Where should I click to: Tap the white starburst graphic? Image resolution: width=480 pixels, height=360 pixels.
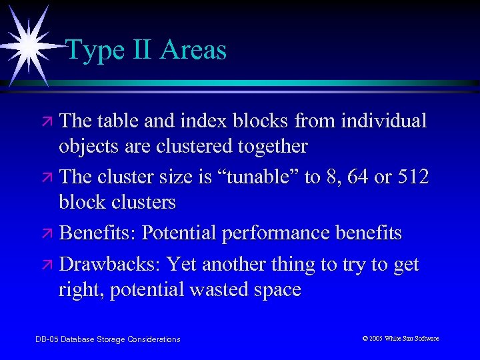coord(27,41)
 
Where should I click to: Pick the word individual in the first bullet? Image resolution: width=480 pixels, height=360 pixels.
coord(383,121)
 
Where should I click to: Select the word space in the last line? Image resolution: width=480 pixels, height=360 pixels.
coord(277,290)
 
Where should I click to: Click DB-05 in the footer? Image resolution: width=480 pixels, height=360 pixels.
coord(46,339)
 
